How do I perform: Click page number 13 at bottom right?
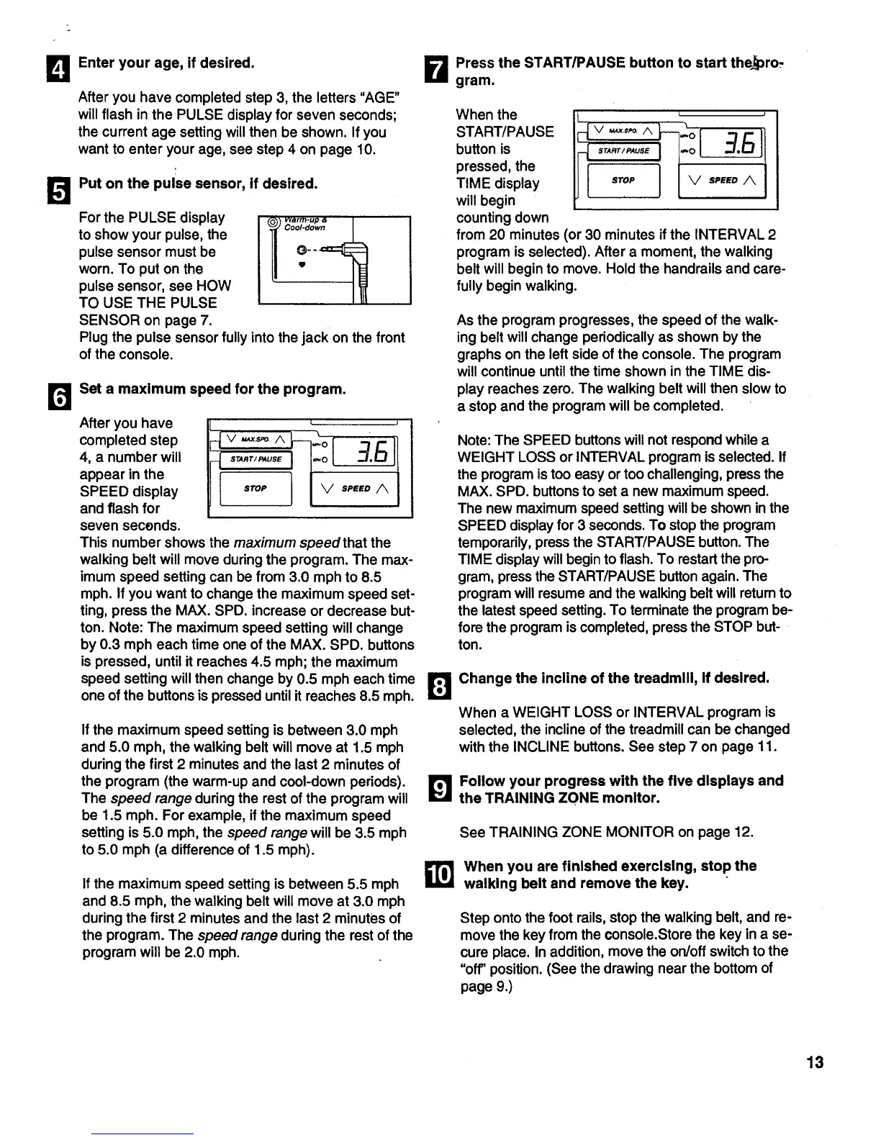[815, 1062]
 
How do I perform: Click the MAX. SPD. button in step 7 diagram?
[620, 131]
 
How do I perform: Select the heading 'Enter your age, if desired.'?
[166, 63]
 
